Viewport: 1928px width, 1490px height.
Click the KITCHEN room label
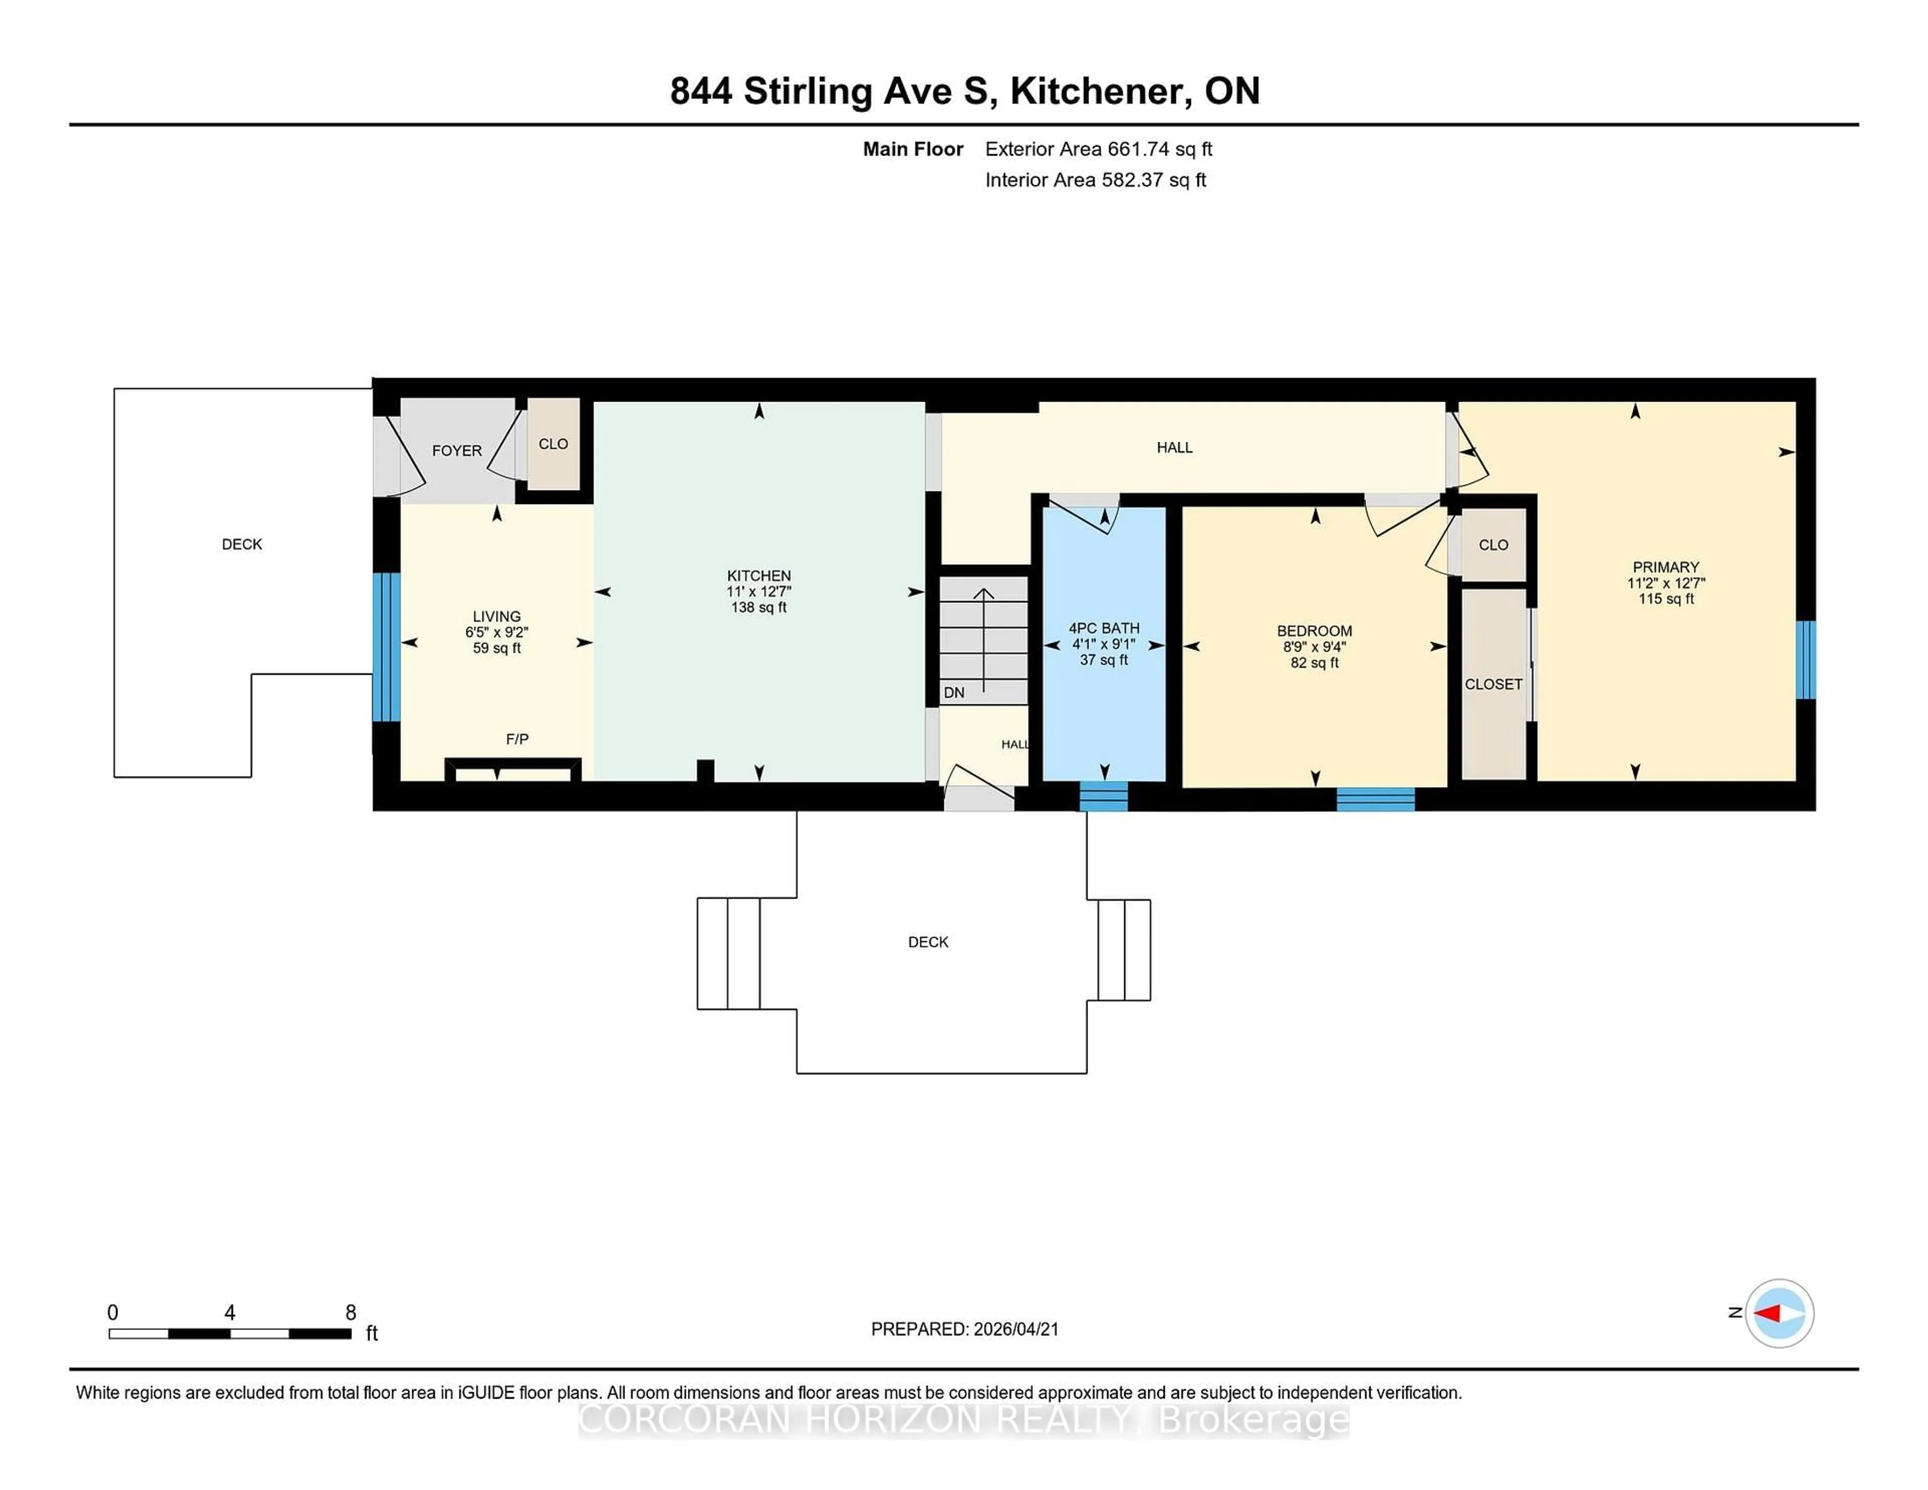(758, 575)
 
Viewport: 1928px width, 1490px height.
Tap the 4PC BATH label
(1104, 629)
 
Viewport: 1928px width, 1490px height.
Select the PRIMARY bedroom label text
(1665, 568)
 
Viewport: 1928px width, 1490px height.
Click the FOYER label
(456, 451)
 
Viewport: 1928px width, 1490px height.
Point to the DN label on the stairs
(953, 693)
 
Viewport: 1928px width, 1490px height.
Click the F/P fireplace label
(517, 739)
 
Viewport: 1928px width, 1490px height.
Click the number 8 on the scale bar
(350, 1313)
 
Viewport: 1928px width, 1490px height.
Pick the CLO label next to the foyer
(553, 444)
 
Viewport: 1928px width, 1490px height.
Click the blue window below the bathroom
(1104, 796)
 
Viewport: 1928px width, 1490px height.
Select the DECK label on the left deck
(242, 545)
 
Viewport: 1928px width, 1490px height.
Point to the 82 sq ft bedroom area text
(1314, 663)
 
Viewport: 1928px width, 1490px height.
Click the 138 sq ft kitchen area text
(758, 607)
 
